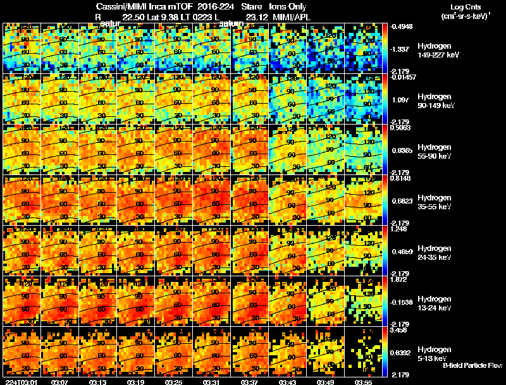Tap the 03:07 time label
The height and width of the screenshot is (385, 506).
60,381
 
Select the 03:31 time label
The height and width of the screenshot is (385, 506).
212,381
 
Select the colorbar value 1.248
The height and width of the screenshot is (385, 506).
398,229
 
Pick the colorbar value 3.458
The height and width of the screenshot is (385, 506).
398,331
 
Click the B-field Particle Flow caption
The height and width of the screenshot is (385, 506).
473,365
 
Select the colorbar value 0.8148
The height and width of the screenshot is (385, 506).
399,179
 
